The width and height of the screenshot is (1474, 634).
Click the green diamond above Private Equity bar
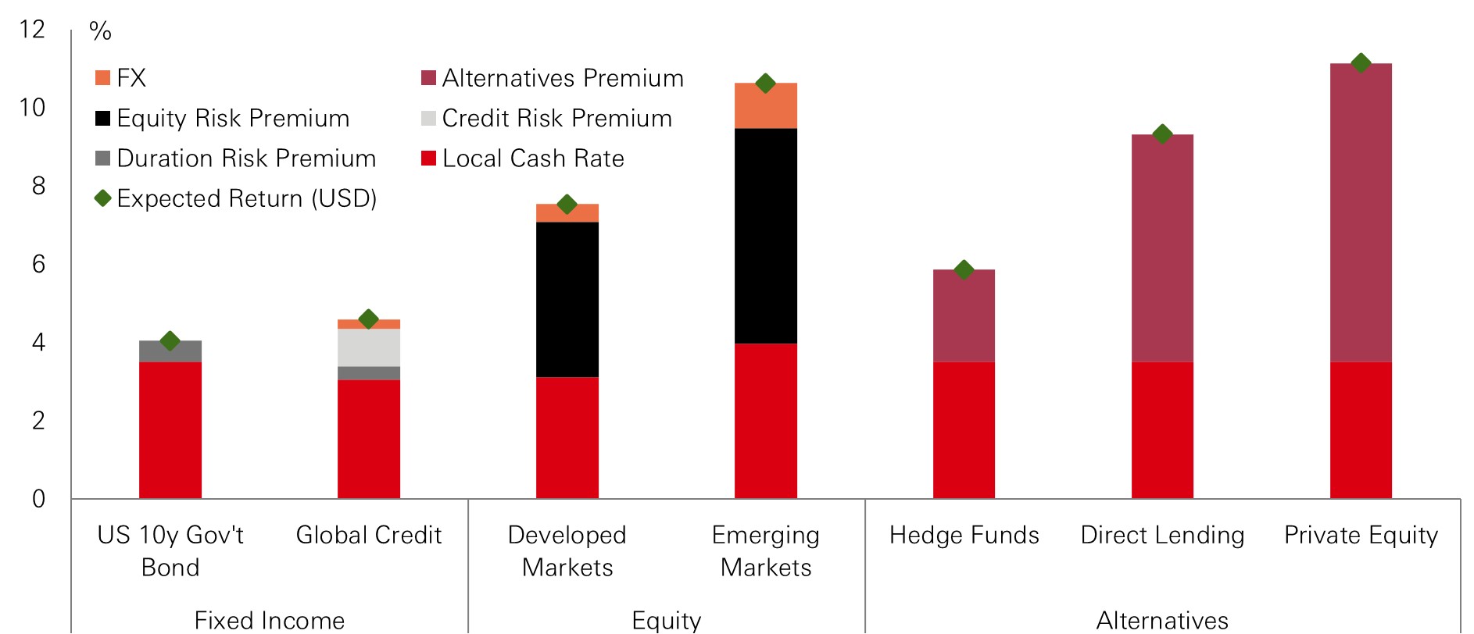1361,63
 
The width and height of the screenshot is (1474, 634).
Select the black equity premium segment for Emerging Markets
765,236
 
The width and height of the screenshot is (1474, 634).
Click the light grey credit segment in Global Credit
368,347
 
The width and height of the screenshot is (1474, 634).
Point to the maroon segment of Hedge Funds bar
964,316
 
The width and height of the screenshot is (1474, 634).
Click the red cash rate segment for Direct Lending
1162,429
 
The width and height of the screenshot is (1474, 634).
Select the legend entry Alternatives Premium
562,78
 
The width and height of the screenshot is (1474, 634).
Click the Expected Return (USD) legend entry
246,198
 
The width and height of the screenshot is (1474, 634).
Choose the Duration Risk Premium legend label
246,158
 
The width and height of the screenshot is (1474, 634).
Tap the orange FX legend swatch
102,78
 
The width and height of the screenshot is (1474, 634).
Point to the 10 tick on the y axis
33,108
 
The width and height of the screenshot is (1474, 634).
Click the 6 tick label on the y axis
38,264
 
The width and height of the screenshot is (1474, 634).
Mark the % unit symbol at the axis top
100,31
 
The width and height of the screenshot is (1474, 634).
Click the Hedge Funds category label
964,535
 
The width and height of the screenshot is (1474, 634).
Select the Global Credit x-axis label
368,535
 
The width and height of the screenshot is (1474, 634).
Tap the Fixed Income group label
269,621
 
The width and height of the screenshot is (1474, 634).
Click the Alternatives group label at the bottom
1162,621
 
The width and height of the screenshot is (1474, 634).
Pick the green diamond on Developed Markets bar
567,205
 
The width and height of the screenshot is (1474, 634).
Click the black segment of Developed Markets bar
567,300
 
